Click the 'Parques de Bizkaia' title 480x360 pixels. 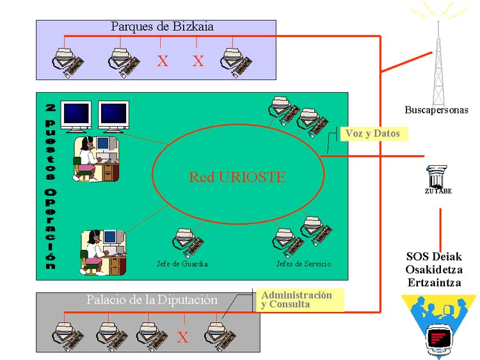[x=162, y=27]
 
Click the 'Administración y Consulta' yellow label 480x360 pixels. [x=296, y=300]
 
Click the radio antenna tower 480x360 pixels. [x=438, y=58]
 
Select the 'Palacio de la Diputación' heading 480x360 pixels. [x=152, y=300]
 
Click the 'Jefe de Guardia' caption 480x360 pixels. [x=182, y=264]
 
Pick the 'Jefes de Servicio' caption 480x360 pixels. [x=303, y=264]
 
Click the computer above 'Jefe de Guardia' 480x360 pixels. [x=185, y=241]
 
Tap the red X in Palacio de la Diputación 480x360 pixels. [x=183, y=338]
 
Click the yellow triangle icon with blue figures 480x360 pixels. [x=438, y=310]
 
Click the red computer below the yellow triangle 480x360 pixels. [x=438, y=340]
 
